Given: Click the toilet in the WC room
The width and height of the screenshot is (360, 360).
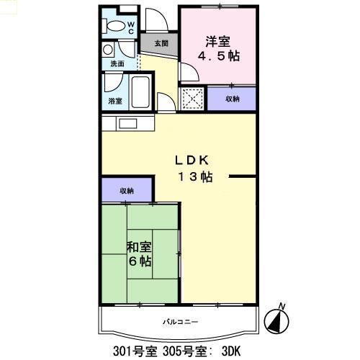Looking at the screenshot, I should (115, 26).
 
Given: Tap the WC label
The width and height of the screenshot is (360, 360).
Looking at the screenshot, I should (131, 27).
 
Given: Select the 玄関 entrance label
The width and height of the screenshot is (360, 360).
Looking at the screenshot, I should (161, 43).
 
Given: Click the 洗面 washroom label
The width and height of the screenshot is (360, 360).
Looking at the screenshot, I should (117, 64).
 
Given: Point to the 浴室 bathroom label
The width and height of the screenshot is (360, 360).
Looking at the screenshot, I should (115, 100).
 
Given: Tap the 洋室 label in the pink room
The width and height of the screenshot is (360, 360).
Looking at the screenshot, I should (218, 40).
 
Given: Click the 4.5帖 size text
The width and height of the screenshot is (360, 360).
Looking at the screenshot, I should (219, 55).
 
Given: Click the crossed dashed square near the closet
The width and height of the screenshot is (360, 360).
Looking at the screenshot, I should (192, 98).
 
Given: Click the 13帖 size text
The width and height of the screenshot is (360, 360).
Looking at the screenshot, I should (195, 177).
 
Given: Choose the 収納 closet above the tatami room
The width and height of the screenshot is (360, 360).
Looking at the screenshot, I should (127, 191).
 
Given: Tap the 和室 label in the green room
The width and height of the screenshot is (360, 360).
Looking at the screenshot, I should (139, 247).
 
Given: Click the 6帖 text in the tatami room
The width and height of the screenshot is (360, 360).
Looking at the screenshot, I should (139, 261).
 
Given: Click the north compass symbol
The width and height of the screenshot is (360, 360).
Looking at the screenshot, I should (278, 319).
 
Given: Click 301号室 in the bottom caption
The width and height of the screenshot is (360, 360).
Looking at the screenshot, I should (134, 351).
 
